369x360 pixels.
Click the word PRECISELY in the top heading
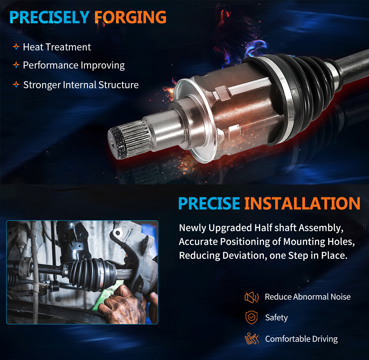click(50, 17)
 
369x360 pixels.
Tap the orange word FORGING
click(130, 17)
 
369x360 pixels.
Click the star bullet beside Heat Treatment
click(16, 47)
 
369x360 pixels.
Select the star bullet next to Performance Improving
click(16, 65)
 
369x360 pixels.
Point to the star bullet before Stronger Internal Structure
click(16, 85)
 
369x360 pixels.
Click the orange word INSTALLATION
click(302, 204)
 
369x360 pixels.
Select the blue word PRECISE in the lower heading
click(209, 204)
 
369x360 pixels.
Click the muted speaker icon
click(252, 297)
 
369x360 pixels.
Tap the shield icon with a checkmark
click(252, 317)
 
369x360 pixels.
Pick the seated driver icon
click(252, 338)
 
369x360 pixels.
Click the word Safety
click(276, 318)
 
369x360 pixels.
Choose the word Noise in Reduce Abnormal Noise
click(341, 297)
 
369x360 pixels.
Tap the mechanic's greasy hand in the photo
click(121, 305)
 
